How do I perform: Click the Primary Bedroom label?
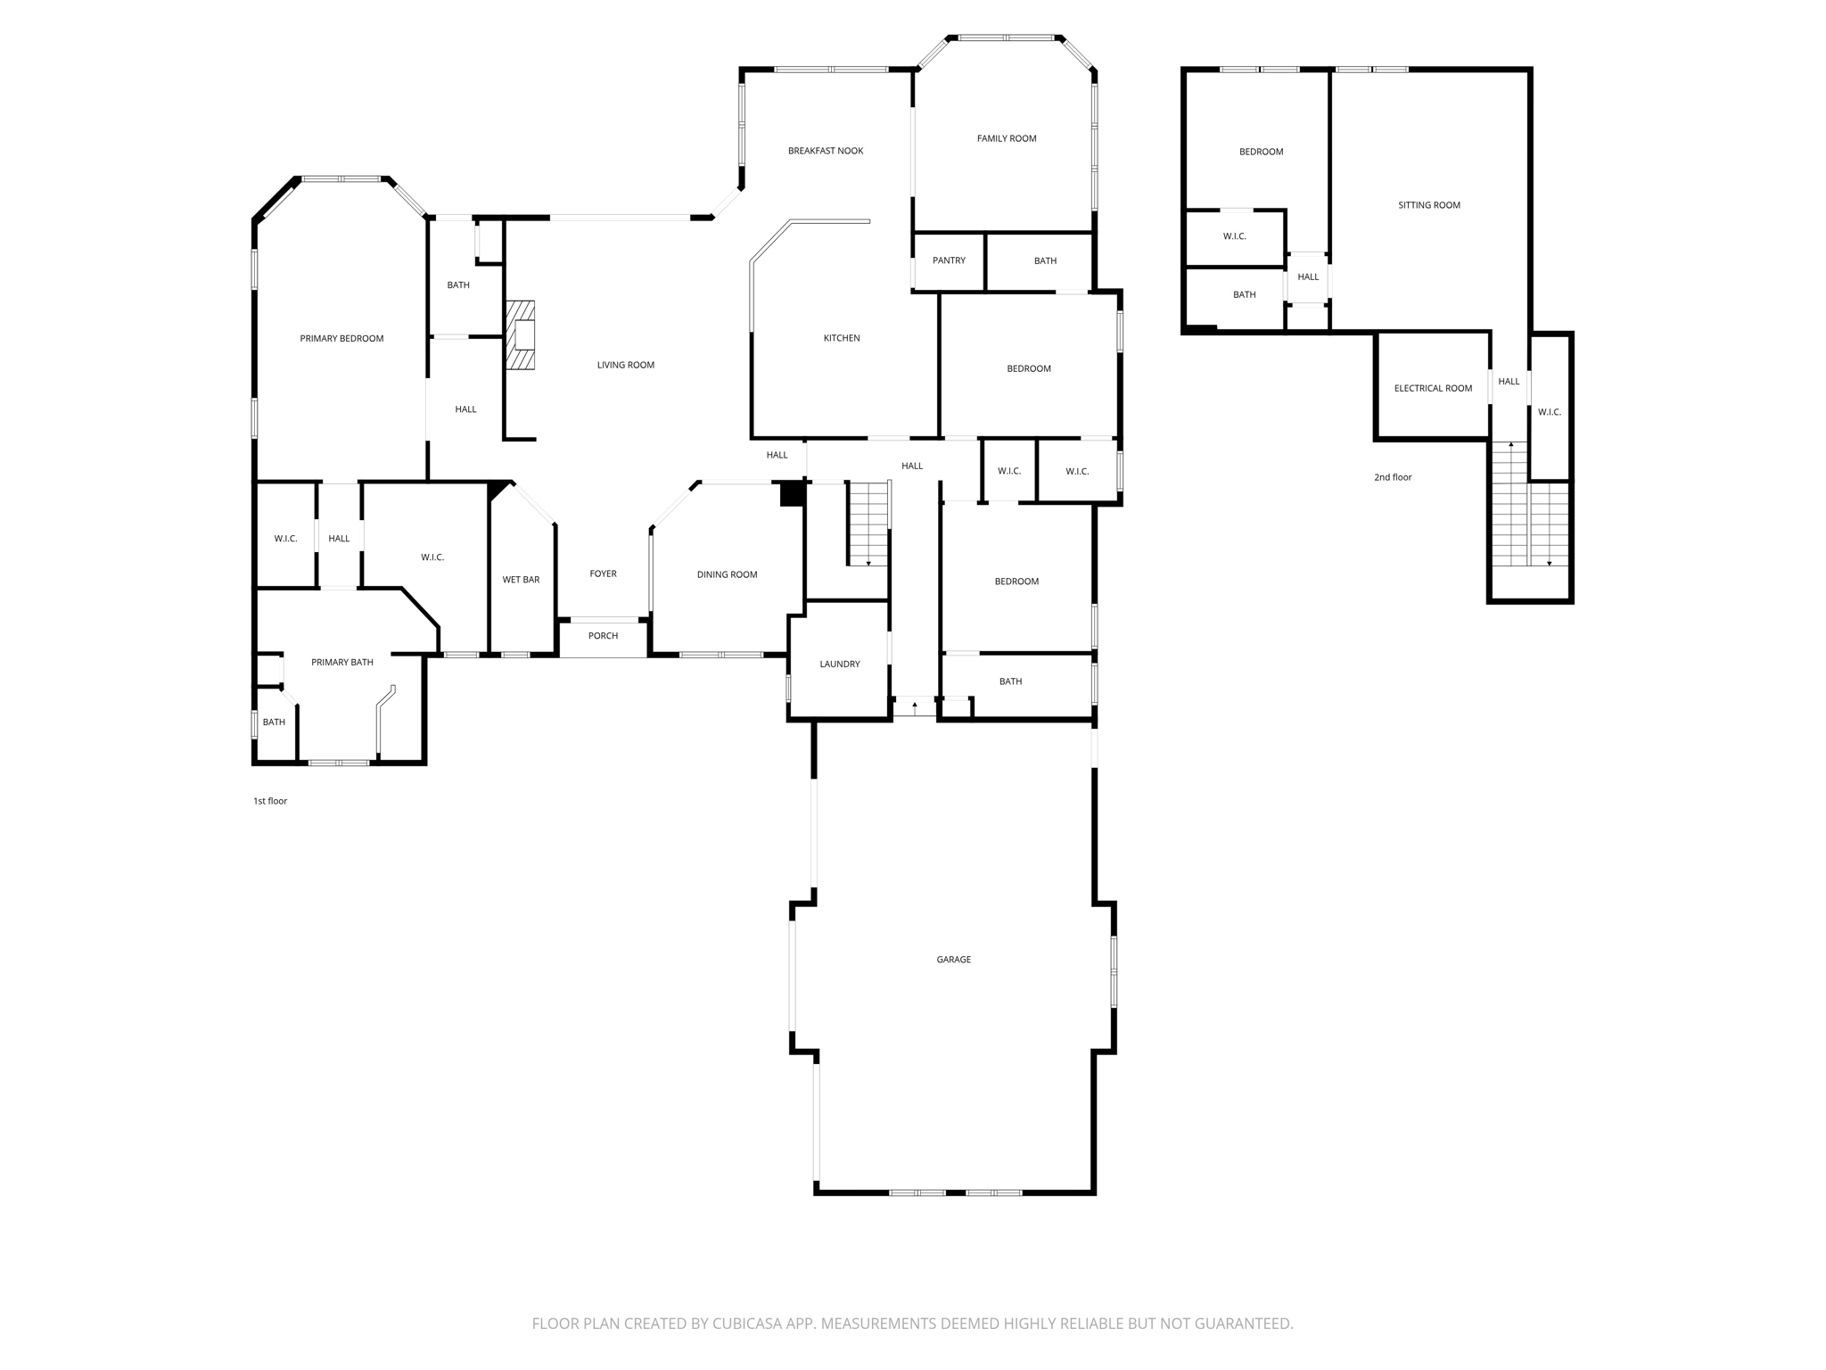coord(341,338)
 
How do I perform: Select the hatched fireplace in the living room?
coord(522,335)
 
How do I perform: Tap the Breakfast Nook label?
coord(826,151)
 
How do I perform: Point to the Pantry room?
coord(949,260)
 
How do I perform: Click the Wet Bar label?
coord(521,580)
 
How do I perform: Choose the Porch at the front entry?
coord(603,636)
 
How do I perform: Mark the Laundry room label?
coord(839,664)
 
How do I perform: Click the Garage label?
coord(953,960)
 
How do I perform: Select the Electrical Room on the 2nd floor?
coord(1433,388)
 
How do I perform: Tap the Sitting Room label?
coord(1428,205)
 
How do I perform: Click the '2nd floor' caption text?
coord(1392,477)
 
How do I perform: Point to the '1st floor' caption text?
coord(270,801)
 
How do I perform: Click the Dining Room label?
coord(727,574)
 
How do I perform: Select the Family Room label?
coord(1006,138)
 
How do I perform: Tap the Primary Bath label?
coord(341,662)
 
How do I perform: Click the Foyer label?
coord(603,574)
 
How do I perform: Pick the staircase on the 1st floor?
coord(868,524)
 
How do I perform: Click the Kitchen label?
coord(841,338)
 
